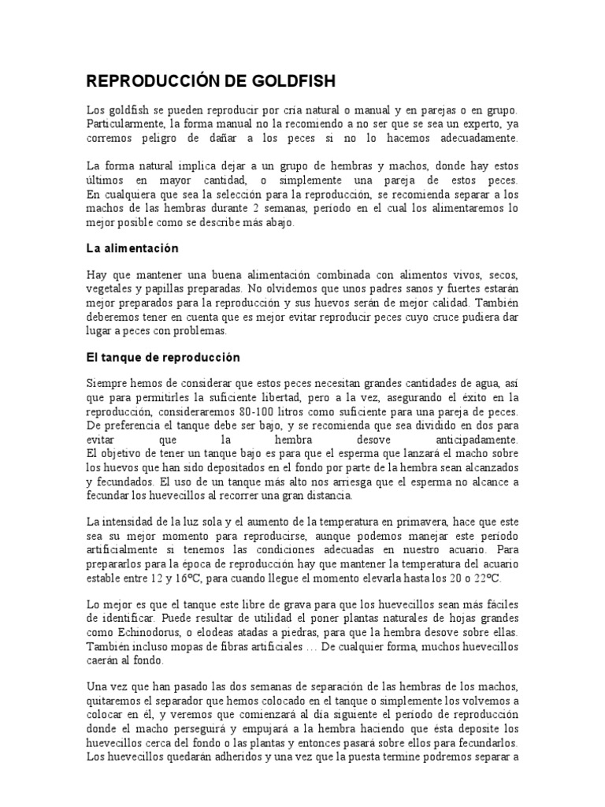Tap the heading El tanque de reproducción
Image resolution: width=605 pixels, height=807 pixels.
pos(162,357)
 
